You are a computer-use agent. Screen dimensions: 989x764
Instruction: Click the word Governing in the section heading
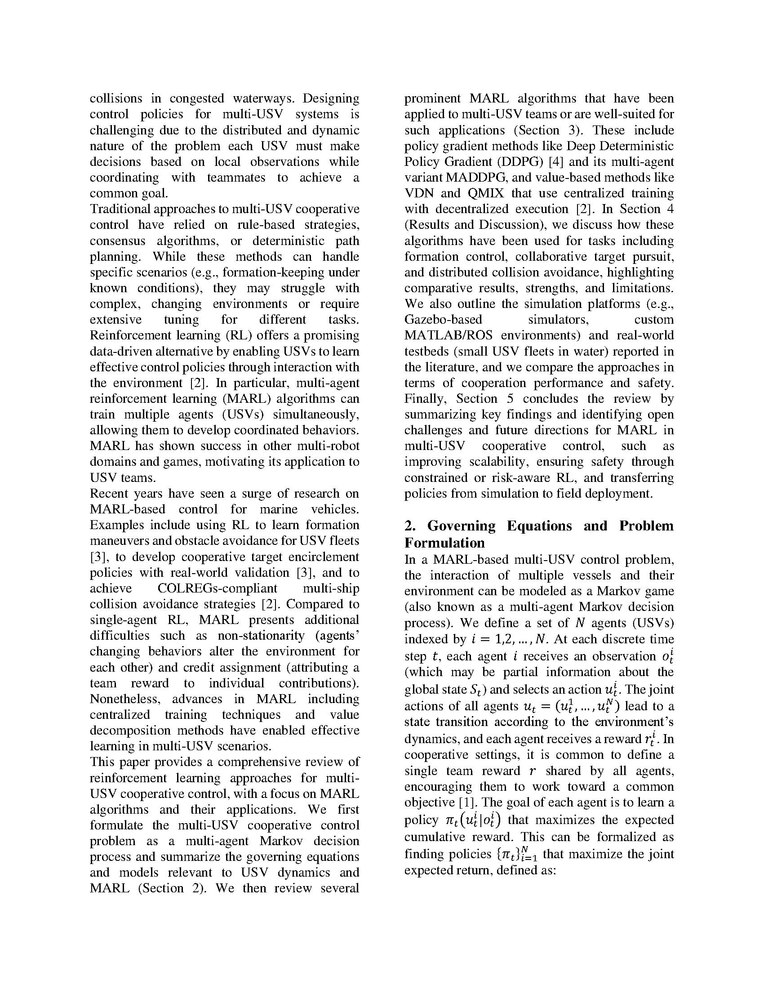point(461,526)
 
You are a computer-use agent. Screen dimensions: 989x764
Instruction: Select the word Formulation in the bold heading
point(444,543)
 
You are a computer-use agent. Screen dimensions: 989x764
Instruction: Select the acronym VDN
point(419,193)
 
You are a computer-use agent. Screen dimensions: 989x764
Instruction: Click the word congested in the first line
point(197,99)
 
